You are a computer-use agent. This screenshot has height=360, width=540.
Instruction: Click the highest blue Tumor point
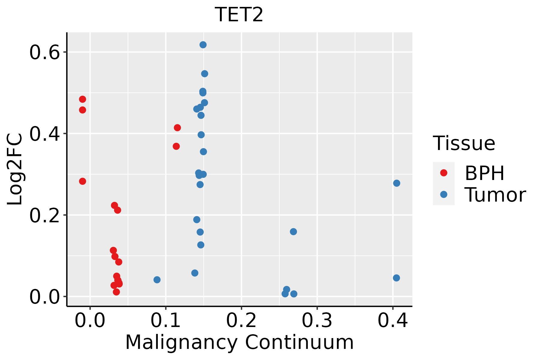[203, 45]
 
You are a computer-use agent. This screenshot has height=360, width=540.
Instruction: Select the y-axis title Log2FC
[15, 169]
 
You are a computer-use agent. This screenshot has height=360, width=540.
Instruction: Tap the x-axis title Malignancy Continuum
[239, 342]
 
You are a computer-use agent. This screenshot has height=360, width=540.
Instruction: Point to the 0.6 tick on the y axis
[43, 52]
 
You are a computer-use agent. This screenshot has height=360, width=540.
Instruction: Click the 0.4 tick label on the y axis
[43, 134]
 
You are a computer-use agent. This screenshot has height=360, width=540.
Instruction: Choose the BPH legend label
[484, 173]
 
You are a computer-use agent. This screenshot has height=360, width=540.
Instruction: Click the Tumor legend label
[495, 195]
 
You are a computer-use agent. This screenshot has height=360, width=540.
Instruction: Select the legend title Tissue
[464, 143]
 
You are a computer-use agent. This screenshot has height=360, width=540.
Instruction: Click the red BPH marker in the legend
[443, 173]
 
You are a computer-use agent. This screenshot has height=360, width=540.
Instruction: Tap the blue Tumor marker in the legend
[443, 194]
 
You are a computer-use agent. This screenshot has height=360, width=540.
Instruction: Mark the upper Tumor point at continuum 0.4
[397, 183]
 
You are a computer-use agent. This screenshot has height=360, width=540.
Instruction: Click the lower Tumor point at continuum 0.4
[396, 278]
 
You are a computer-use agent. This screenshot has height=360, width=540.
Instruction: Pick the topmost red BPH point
[82, 99]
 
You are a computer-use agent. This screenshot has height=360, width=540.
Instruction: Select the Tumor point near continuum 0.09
[157, 280]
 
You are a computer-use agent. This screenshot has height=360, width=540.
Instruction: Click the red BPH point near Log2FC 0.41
[177, 128]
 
